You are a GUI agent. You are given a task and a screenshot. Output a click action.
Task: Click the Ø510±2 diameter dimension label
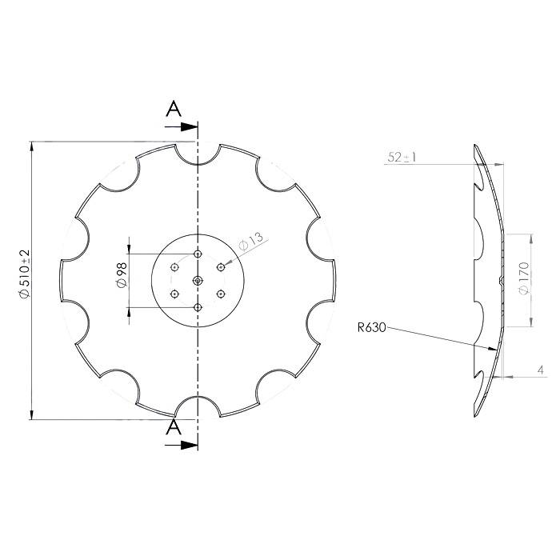[x=25, y=274]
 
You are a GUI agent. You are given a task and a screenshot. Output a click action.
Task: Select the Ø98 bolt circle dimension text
[x=122, y=275]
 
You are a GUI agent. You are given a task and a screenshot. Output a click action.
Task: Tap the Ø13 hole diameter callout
[x=250, y=242]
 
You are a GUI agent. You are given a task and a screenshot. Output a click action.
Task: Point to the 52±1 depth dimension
[x=402, y=157]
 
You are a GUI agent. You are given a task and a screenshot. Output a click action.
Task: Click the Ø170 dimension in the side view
[x=524, y=278]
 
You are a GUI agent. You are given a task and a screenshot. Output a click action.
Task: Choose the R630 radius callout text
[x=372, y=327]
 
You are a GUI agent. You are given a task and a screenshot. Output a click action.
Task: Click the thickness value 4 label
[x=541, y=370]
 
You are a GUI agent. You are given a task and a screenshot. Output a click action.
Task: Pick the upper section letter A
[x=174, y=109]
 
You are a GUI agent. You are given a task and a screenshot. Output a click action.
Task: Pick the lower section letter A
[x=174, y=426]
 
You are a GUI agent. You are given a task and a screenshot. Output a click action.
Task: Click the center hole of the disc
[x=198, y=281]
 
